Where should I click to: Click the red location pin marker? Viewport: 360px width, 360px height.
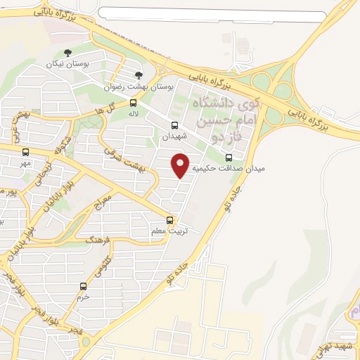[181, 165]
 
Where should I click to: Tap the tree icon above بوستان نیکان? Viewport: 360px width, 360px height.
[67, 53]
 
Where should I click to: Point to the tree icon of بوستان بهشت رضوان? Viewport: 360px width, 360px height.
[139, 76]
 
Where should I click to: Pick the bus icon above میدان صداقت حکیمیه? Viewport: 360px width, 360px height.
[229, 157]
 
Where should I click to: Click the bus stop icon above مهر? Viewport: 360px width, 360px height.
[26, 152]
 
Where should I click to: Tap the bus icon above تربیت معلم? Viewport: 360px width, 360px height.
[169, 219]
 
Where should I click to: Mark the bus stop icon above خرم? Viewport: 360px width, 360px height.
[84, 286]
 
